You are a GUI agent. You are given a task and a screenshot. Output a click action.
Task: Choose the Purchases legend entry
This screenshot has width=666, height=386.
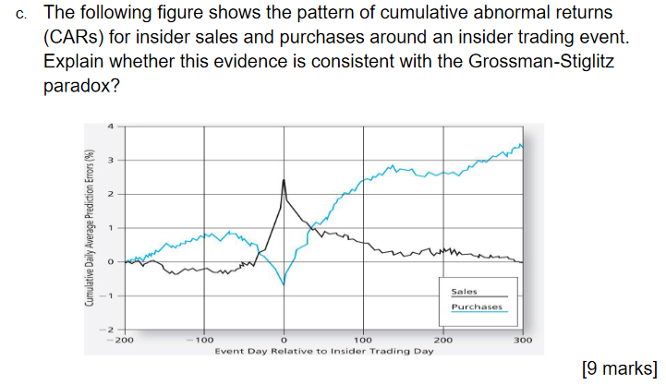477,307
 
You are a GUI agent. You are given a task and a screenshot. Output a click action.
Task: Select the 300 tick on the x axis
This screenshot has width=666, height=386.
522,341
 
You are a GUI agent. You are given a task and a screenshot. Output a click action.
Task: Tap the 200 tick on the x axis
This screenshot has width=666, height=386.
442,341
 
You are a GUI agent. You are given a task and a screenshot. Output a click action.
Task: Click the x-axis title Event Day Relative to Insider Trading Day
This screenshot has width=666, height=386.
323,352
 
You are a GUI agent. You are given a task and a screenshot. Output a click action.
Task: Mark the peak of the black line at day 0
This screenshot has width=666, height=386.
284,180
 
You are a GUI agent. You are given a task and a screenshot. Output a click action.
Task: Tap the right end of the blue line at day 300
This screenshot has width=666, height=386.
522,146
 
